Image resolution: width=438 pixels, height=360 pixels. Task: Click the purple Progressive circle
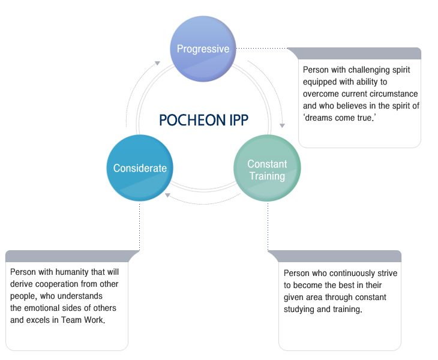tap(203, 49)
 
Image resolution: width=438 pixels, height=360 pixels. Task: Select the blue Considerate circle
tap(140, 168)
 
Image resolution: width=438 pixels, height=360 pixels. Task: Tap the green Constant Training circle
tap(267, 168)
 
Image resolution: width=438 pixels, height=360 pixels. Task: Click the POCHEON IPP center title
tap(203, 120)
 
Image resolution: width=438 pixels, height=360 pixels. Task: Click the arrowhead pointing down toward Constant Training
tap(282, 125)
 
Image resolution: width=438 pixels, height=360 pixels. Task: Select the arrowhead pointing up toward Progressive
tap(158, 63)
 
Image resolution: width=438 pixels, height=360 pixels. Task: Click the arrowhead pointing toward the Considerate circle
tap(167, 195)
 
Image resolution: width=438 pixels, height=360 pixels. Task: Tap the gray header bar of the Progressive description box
tap(355, 53)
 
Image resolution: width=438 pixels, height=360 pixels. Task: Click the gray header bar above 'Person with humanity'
tap(72, 256)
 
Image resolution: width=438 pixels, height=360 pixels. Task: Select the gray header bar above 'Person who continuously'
tap(335, 256)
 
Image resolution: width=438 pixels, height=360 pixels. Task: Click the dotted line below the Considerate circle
tap(139, 227)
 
